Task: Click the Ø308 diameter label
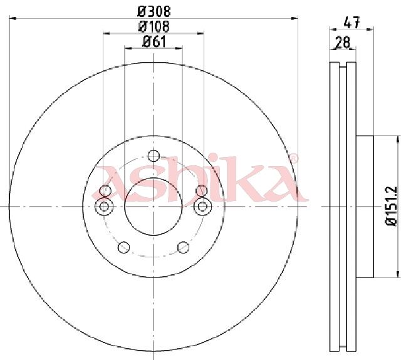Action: [154, 11]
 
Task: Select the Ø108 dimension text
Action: [154, 26]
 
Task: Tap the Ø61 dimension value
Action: [154, 42]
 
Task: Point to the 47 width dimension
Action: [352, 23]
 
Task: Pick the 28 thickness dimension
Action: [343, 42]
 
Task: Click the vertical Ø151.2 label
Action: [391, 206]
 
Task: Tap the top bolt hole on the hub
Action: [154, 156]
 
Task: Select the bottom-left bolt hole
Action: [124, 247]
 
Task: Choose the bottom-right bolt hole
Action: [184, 247]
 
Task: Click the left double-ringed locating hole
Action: [104, 206]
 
